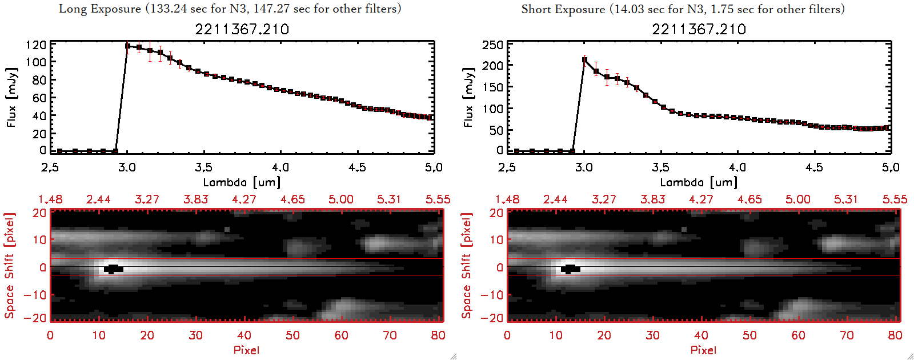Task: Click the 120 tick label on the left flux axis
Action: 36,45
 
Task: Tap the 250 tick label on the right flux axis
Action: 492,45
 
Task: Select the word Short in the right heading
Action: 536,9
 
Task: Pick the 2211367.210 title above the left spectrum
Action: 242,29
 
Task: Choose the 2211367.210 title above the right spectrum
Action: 699,29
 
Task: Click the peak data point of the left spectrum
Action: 127,46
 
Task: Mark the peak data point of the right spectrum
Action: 584,59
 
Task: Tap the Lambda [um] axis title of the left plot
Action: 242,182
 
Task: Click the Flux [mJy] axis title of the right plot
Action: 468,98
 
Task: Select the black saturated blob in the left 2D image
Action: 113,269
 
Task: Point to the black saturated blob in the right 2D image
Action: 570,269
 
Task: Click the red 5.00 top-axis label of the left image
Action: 340,199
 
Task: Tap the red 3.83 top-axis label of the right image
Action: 652,199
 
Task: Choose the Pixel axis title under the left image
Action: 246,350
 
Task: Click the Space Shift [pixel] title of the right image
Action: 466,266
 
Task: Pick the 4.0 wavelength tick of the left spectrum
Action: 280,167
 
